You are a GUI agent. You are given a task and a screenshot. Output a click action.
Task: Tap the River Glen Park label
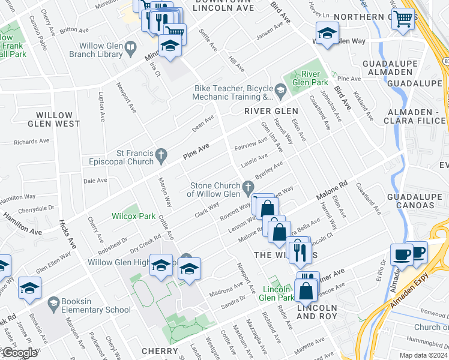pyautogui.click(x=310, y=78)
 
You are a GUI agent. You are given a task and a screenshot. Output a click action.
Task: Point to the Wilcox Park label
pyautogui.click(x=133, y=216)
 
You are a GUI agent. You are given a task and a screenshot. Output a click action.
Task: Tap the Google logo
pyautogui.click(x=19, y=353)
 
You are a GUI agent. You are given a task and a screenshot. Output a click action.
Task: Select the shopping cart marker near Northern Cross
pyautogui.click(x=402, y=19)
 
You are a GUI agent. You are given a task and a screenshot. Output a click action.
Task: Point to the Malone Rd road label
pyautogui.click(x=332, y=192)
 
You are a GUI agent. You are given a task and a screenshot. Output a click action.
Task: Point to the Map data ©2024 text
pyautogui.click(x=423, y=355)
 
